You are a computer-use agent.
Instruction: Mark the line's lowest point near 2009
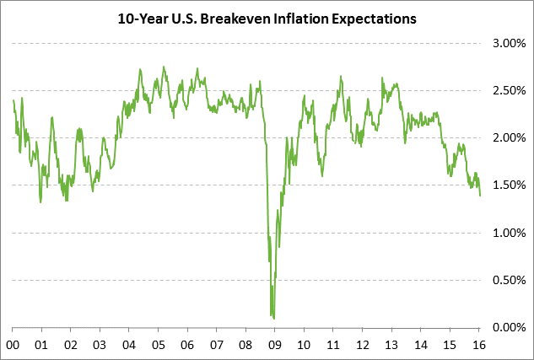[274, 318]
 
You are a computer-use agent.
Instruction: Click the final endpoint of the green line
[480, 196]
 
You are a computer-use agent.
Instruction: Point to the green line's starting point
[13, 100]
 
